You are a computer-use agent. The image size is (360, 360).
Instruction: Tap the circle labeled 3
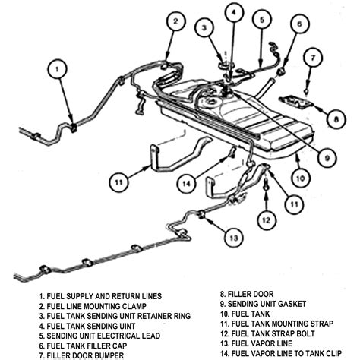tap(204, 28)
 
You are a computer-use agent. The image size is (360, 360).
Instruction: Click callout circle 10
tap(300, 178)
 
